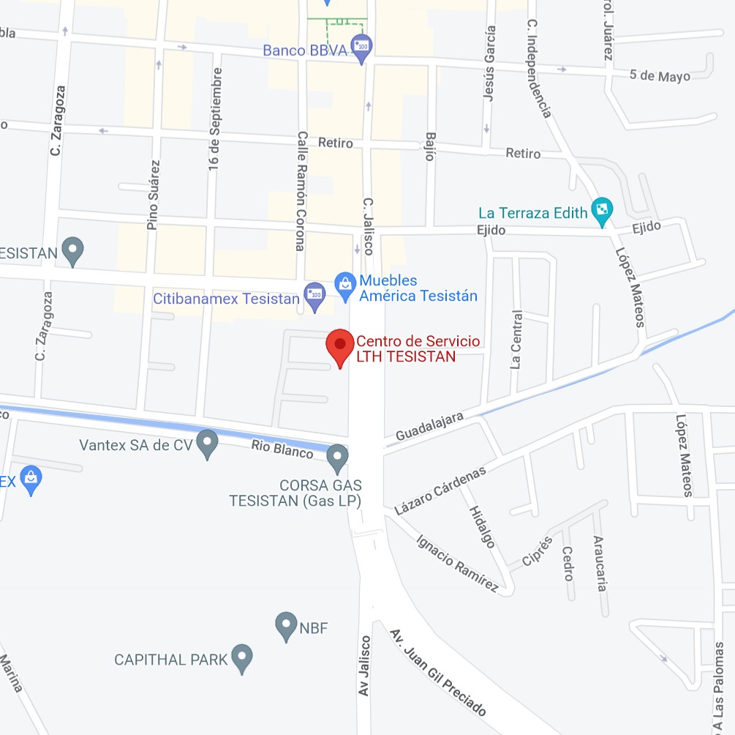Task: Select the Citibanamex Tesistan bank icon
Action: (x=314, y=296)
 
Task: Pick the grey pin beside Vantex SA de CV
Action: (x=208, y=443)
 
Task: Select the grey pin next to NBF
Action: (x=286, y=626)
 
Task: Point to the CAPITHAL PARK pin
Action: (x=242, y=657)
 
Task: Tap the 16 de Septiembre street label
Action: (x=214, y=119)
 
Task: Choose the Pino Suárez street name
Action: (x=154, y=195)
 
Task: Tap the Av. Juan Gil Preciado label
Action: (x=437, y=672)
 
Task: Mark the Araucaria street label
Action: (x=600, y=563)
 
